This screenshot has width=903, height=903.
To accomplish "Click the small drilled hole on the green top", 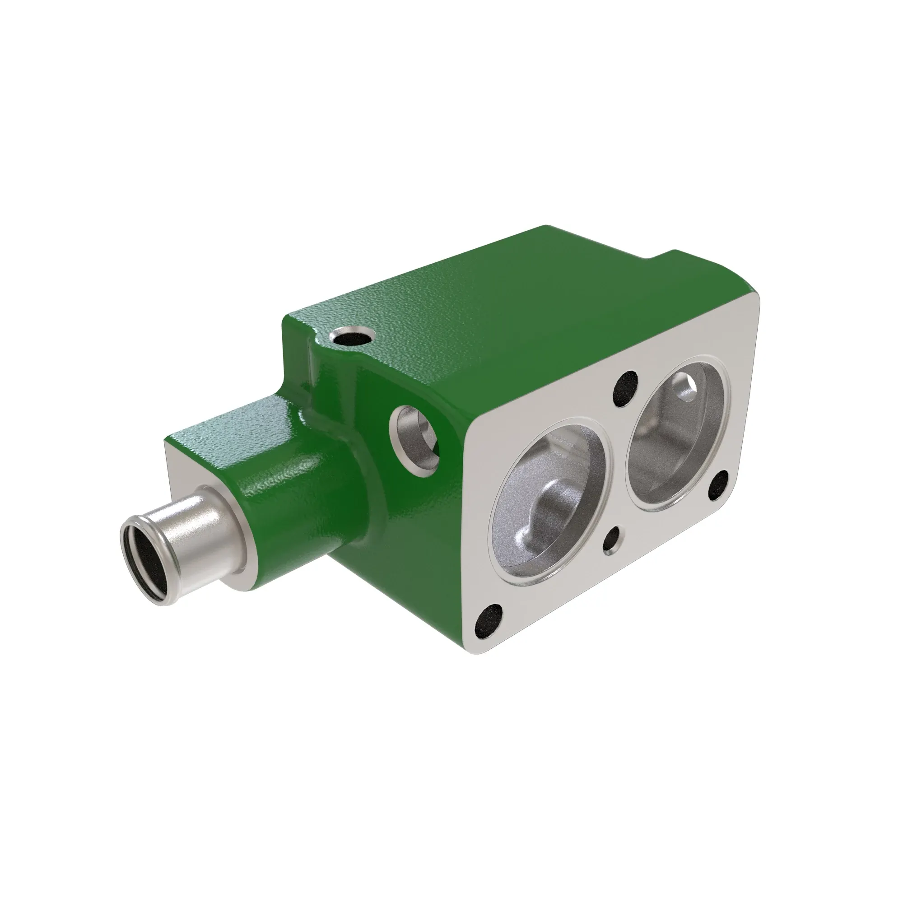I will [352, 335].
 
